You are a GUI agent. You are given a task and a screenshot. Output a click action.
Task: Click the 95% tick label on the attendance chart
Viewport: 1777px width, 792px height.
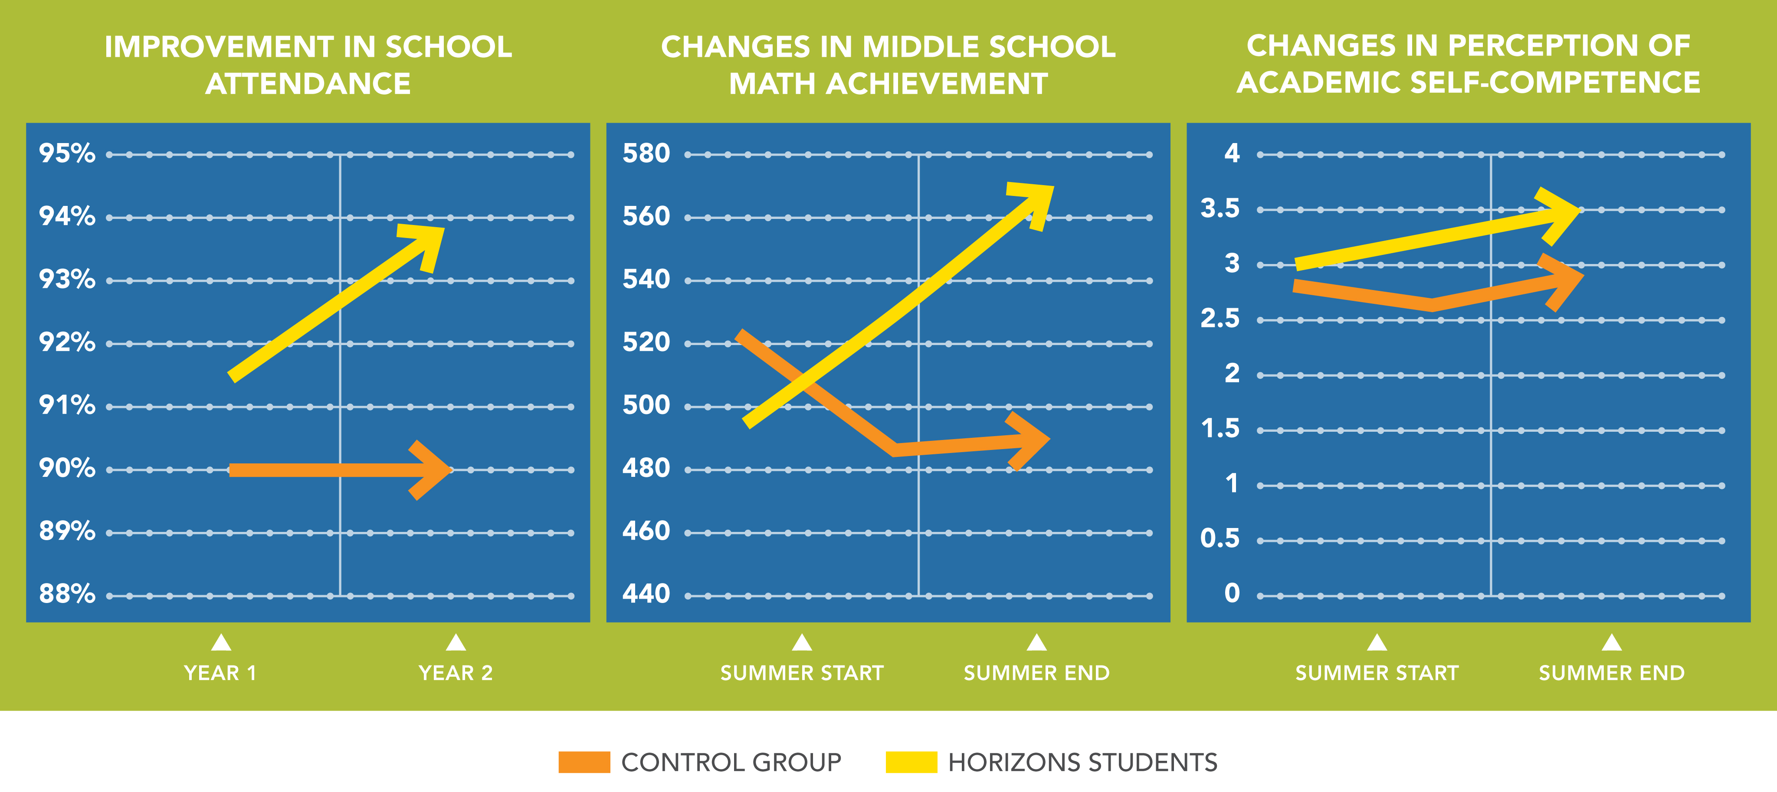pyautogui.click(x=67, y=153)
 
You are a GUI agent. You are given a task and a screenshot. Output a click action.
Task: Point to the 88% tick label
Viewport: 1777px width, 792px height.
pyautogui.click(x=67, y=593)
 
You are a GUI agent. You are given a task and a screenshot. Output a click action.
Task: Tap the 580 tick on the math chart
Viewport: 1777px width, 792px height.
pyautogui.click(x=646, y=153)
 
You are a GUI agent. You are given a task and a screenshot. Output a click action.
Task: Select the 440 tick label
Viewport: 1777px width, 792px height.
pyautogui.click(x=646, y=593)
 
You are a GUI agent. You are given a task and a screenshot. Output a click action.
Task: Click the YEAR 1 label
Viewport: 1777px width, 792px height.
pyautogui.click(x=220, y=673)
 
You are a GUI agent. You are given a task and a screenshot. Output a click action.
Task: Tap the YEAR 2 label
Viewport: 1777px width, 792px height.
pyautogui.click(x=456, y=673)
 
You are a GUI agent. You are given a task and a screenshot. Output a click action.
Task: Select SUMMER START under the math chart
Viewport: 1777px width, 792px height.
pyautogui.click(x=802, y=673)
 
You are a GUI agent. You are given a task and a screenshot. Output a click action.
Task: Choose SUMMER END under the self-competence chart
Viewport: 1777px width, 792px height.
pyautogui.click(x=1611, y=673)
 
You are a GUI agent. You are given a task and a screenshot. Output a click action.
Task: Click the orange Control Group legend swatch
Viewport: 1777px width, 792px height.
pyautogui.click(x=584, y=763)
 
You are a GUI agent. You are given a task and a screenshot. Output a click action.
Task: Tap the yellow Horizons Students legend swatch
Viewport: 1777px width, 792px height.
pyautogui.click(x=911, y=763)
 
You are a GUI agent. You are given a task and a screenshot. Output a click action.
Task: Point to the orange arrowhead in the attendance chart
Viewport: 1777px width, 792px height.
pyautogui.click(x=431, y=470)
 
